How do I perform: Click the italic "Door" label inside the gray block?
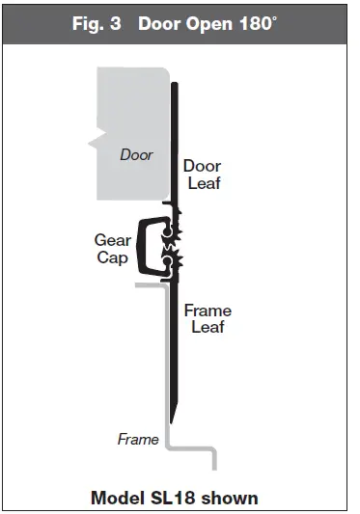pyautogui.click(x=136, y=153)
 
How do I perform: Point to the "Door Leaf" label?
pyautogui.click(x=203, y=175)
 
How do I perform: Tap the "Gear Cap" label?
pyautogui.click(x=112, y=250)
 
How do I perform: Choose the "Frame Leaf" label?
pyautogui.click(x=207, y=319)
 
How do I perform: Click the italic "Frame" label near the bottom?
pyautogui.click(x=138, y=440)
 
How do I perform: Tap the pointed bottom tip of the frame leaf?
pyautogui.click(x=171, y=417)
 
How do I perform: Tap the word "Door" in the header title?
pyautogui.click(x=160, y=22)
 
